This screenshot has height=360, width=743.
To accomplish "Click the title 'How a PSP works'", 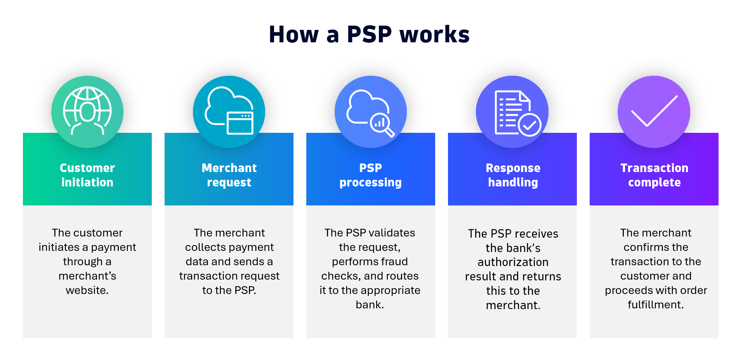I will click(369, 34).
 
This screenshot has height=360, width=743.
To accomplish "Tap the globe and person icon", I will click(87, 111).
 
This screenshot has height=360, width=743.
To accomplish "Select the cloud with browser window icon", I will click(229, 111).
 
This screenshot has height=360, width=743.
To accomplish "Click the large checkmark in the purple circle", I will click(654, 111).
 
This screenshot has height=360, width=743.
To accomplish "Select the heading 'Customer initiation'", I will click(87, 175).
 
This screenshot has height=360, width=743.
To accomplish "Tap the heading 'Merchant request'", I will click(229, 175).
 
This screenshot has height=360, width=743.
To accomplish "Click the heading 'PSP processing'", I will click(370, 175).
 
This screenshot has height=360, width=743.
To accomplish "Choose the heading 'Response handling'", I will click(513, 175).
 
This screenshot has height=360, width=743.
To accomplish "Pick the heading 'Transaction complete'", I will click(654, 175).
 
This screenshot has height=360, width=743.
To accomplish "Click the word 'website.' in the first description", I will click(87, 290).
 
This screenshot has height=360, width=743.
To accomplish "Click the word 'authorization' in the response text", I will click(513, 262).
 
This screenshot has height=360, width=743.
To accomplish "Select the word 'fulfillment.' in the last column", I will click(656, 305).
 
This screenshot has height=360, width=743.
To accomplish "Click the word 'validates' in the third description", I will click(392, 233).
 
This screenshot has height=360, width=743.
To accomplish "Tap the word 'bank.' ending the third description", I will click(370, 305).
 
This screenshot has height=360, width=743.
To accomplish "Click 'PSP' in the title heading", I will click(369, 34).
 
